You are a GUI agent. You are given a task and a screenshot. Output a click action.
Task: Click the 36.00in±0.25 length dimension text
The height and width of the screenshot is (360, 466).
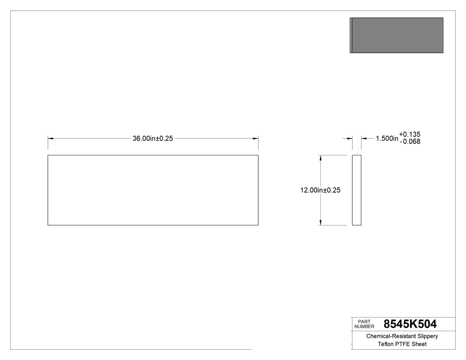point(153,138)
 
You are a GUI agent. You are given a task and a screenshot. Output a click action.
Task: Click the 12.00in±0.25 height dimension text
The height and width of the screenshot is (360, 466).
point(320,190)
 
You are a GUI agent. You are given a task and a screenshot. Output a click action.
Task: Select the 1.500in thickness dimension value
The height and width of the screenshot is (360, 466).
point(387,138)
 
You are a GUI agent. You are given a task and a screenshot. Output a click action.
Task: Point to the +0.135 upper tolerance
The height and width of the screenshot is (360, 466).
point(410,134)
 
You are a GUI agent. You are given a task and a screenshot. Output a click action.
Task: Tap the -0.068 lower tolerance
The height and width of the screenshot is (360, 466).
point(410,142)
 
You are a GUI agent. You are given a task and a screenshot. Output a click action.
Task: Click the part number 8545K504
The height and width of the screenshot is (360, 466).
point(410,324)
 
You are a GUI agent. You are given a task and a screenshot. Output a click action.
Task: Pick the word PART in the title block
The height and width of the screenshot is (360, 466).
point(363,321)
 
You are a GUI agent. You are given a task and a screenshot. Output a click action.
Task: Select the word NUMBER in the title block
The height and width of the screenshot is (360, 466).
point(364,326)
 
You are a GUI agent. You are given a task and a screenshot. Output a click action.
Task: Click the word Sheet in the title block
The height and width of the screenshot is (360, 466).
point(419,344)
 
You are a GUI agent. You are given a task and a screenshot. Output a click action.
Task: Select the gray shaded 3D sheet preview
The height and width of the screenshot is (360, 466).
point(397,36)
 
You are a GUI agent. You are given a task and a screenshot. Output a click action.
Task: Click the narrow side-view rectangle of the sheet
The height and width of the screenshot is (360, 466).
point(357,190)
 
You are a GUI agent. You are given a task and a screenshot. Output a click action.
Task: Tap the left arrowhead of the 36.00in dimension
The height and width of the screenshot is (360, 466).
point(50,138)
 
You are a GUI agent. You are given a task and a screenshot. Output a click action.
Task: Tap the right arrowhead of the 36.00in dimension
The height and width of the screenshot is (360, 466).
point(256,138)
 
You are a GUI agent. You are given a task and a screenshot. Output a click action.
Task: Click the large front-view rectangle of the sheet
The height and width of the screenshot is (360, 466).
point(153,190)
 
